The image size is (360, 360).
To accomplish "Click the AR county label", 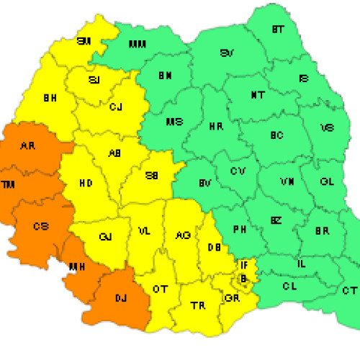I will tap(28, 146).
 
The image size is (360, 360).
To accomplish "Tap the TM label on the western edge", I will tap(9, 185).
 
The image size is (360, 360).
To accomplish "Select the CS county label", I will tap(41, 226).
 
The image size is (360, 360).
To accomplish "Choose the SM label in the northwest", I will tap(84, 41).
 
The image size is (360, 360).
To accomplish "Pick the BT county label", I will tap(277, 30).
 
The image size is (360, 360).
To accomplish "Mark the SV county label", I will tap(228, 53).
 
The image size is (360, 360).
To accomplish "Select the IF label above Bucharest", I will tap(244, 266).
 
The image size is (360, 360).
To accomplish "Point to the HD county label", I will tap(85, 184).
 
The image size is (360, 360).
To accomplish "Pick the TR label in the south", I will tap(197, 305).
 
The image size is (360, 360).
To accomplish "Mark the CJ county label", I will tap(116, 107).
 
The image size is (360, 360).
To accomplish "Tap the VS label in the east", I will tap(327, 127).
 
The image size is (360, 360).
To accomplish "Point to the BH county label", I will tap(50, 97).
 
